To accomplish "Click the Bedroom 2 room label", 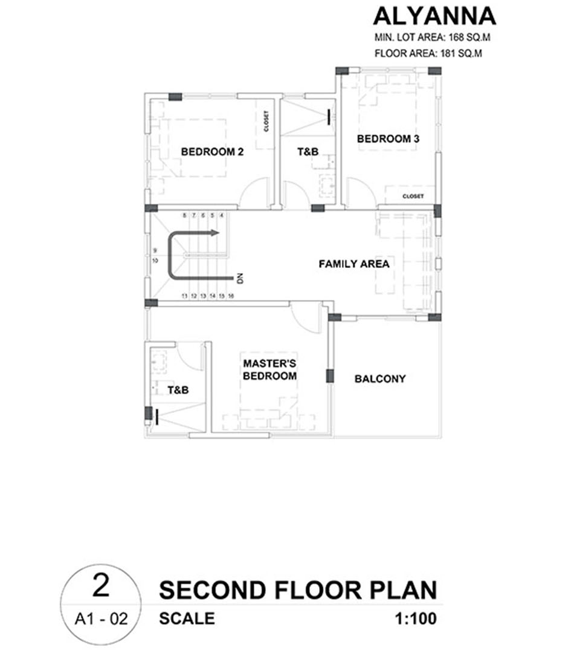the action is point(212,152).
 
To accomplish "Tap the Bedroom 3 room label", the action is point(388,138).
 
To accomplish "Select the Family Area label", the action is point(354,264).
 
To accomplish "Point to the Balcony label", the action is point(380,378).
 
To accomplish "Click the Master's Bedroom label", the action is point(270,370).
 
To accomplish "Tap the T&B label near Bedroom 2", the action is point(308,152).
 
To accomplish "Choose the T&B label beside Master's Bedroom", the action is point(178,390).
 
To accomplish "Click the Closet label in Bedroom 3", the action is point(413,196).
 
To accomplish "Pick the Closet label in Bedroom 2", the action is point(266,121).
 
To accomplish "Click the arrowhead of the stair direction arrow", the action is point(215,233).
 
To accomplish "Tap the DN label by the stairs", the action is point(240,278).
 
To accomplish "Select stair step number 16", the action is point(231,296).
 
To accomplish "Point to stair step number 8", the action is point(184,215).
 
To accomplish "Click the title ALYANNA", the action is point(435,16).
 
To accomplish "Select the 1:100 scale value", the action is point(416,619).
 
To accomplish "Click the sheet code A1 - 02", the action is point(101,619).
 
